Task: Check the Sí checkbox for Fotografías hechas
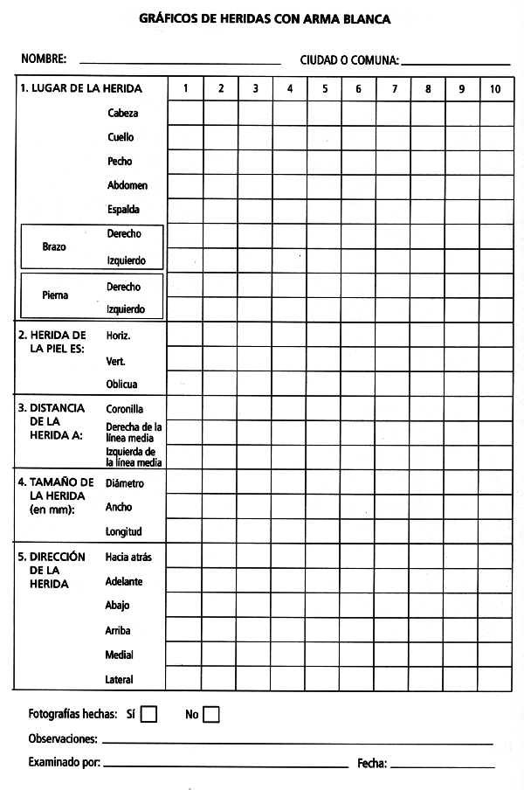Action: (148, 714)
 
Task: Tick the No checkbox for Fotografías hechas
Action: (210, 714)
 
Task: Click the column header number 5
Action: (324, 88)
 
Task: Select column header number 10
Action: (495, 88)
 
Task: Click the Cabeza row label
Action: (123, 113)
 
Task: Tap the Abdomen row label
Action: (128, 185)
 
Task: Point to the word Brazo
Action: (54, 247)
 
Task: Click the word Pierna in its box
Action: (55, 295)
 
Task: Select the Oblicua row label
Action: (122, 384)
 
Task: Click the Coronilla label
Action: (125, 408)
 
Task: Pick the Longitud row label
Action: (123, 530)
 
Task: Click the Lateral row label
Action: (120, 679)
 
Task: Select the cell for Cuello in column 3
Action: (255, 137)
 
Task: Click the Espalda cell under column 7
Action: (393, 211)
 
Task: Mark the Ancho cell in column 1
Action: (185, 506)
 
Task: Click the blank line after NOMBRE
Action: (179, 61)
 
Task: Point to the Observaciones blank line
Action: (297, 740)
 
